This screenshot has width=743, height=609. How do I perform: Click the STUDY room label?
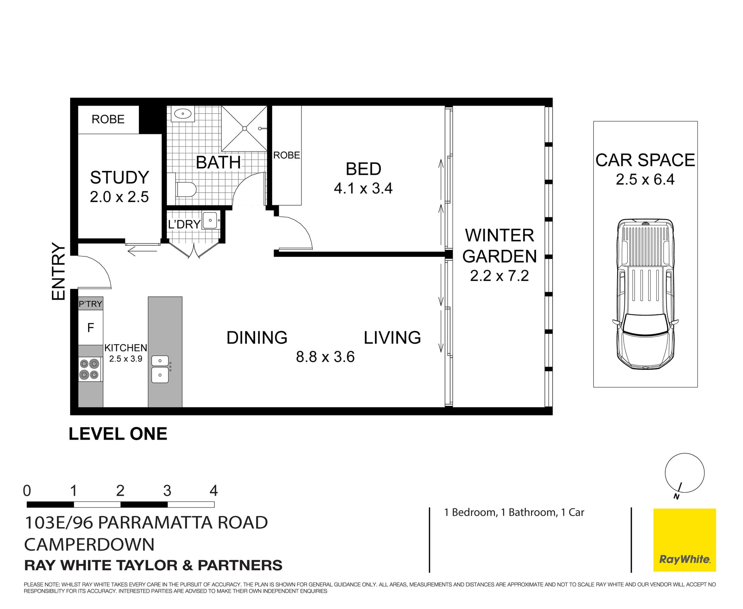[x=119, y=177]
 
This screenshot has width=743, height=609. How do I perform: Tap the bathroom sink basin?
[x=182, y=114]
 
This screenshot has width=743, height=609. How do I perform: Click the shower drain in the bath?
[x=245, y=128]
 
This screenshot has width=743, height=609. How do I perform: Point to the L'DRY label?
[x=184, y=224]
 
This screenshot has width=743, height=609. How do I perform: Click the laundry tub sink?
[x=210, y=220]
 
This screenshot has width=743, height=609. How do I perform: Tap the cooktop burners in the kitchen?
[x=89, y=369]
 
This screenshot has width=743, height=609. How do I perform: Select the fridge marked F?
[x=91, y=328]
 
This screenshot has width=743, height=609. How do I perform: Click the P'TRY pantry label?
[x=90, y=304]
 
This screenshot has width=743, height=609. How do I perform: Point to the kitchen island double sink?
[x=160, y=369]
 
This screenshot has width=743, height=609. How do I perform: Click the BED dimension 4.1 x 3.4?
[x=363, y=188]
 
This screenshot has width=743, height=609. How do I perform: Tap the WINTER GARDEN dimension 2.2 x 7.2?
[x=499, y=276]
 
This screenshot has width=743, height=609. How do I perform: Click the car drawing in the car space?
[x=645, y=294]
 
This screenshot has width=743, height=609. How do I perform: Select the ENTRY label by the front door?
[x=59, y=271]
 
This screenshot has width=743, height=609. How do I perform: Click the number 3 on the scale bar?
[x=167, y=491]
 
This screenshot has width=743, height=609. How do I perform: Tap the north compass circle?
[x=684, y=473]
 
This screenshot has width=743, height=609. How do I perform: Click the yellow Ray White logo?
[x=684, y=540]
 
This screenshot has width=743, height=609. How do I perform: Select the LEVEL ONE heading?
[x=118, y=434]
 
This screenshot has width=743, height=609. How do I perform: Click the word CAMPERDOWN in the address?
[x=89, y=544]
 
